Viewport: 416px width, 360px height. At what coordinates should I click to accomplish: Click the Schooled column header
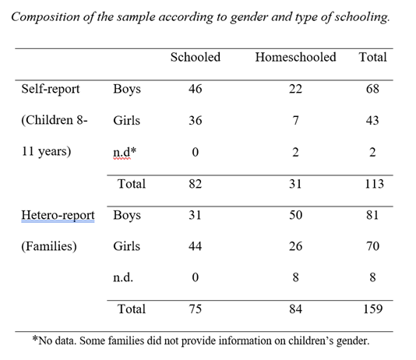(x=196, y=58)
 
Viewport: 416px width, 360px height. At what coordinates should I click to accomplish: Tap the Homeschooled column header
(x=295, y=58)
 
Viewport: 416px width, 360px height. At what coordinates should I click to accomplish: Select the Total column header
(x=372, y=58)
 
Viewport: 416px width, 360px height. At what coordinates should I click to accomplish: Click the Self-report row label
(x=51, y=89)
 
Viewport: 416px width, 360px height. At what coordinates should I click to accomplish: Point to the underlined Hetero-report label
(x=58, y=215)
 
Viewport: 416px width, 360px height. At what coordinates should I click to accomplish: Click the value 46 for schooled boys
(x=196, y=89)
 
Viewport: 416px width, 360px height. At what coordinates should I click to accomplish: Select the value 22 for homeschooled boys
(x=295, y=89)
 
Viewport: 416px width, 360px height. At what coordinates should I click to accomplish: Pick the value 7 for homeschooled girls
(x=295, y=121)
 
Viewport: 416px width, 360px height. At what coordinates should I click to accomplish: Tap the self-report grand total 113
(x=374, y=184)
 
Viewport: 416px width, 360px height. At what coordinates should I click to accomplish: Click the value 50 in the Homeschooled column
(x=295, y=215)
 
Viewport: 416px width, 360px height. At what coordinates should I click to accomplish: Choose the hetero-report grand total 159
(x=372, y=309)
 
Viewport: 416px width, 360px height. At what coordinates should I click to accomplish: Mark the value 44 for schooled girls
(x=196, y=246)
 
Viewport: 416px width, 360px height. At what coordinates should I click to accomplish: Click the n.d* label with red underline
(x=125, y=152)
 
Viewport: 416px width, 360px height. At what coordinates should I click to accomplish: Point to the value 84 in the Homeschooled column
(x=295, y=309)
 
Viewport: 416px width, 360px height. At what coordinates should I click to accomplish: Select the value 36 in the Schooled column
(x=196, y=121)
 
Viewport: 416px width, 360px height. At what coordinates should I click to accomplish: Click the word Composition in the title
(x=45, y=17)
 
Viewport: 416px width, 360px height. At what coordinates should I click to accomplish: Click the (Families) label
(x=49, y=246)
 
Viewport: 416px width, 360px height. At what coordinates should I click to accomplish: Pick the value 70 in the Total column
(x=372, y=246)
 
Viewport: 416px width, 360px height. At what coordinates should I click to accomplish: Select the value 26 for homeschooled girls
(x=295, y=246)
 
